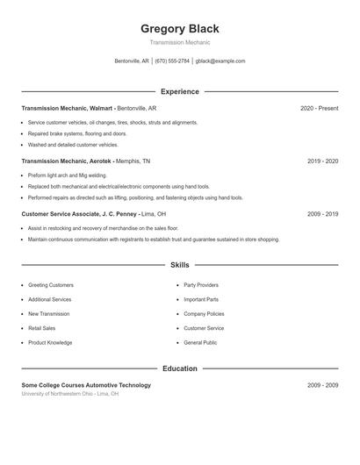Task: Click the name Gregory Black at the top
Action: [x=180, y=29]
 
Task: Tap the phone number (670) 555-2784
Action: [x=172, y=61]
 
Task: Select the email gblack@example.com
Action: [x=220, y=61]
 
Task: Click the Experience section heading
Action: [x=180, y=91]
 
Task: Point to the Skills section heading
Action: [x=180, y=264]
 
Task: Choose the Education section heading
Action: [x=180, y=368]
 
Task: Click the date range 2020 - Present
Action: [x=319, y=108]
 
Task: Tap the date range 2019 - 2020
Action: [x=323, y=161]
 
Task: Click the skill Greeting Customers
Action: [x=51, y=285]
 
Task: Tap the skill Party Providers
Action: [x=201, y=285]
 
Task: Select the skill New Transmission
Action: [x=49, y=314]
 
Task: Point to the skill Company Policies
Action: [x=204, y=314]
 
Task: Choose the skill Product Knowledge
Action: [x=50, y=343]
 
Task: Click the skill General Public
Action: [x=200, y=343]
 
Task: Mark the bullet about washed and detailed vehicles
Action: [x=73, y=145]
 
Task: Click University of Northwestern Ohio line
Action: [x=70, y=394]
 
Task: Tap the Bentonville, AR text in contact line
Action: [x=132, y=61]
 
